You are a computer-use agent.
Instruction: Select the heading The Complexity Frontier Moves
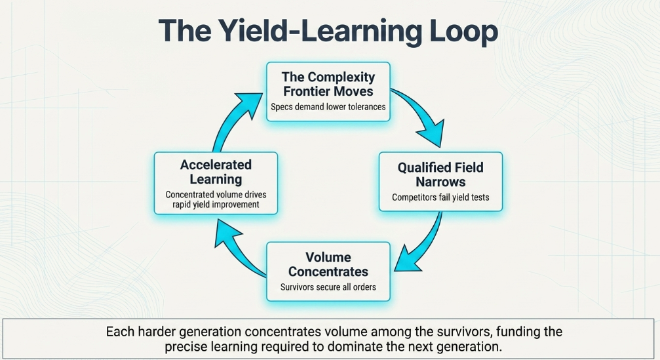click(328, 84)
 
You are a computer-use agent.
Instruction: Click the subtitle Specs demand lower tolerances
click(328, 107)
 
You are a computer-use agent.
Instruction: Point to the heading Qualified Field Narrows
click(440, 174)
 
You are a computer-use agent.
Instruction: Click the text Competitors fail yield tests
click(440, 197)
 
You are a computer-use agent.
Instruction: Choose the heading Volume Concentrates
click(328, 264)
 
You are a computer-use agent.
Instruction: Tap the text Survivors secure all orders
click(328, 287)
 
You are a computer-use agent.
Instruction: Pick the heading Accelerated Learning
click(216, 172)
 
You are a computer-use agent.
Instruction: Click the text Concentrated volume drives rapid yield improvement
click(216, 199)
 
